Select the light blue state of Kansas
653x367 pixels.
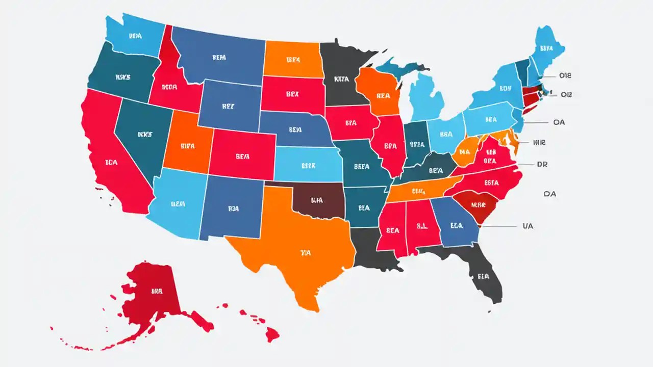[x=309, y=166]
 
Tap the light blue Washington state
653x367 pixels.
[x=135, y=36]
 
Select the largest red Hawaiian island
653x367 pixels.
[x=270, y=334]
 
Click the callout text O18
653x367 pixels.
[x=565, y=76]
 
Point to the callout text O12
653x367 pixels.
[x=566, y=94]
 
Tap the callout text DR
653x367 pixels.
[x=542, y=165]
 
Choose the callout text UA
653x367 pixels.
[x=528, y=226]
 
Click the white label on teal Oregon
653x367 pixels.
[x=122, y=77]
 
